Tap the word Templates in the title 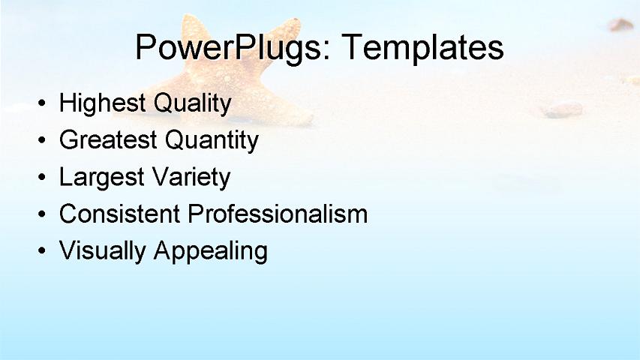coord(422,48)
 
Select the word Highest coord(103,103)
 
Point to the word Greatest coord(108,139)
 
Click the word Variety coord(191,177)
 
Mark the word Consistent coord(120,214)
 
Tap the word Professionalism coord(278,214)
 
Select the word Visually coord(103,250)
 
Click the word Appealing coord(210,251)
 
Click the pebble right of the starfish coord(563,109)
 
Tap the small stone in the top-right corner coord(621,25)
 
